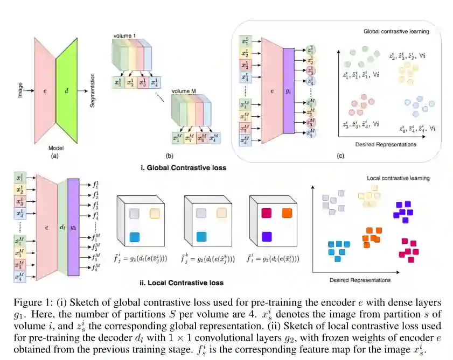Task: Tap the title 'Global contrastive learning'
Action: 396,32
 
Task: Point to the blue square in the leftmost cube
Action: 135,236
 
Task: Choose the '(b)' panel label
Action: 169,156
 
